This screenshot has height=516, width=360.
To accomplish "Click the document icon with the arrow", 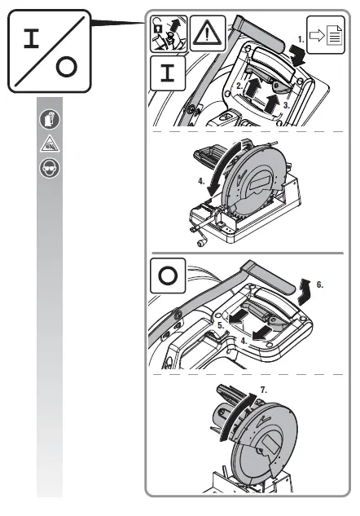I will point(325,35).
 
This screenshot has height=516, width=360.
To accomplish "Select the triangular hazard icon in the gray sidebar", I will point(48,145).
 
